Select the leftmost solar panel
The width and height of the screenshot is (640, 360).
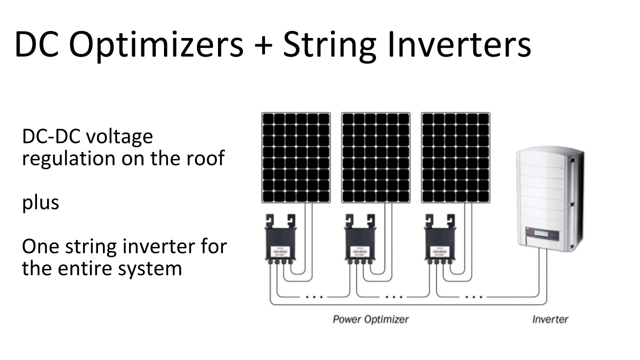(296, 157)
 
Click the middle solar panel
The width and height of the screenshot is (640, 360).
(375, 157)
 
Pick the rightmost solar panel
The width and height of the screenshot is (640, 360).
(455, 157)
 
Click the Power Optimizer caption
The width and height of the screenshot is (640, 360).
(370, 319)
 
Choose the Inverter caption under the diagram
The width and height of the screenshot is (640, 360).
(550, 319)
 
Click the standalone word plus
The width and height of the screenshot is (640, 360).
(40, 203)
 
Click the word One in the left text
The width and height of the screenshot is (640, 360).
(40, 247)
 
